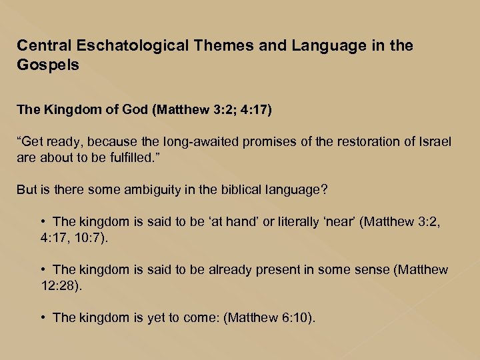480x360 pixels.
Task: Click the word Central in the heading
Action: click(x=43, y=46)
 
